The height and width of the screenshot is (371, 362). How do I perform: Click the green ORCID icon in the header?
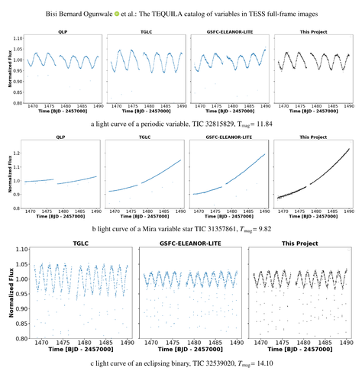(x=116, y=13)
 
